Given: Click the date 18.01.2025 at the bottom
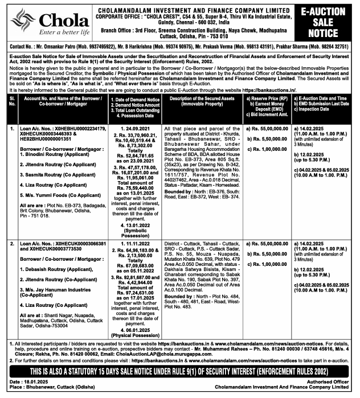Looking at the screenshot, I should pos(34,382).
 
